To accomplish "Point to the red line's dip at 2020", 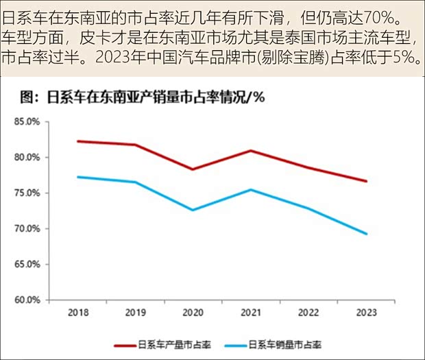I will point(193,169).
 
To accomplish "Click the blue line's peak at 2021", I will point(250,189).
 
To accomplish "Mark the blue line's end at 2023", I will point(366,234).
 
